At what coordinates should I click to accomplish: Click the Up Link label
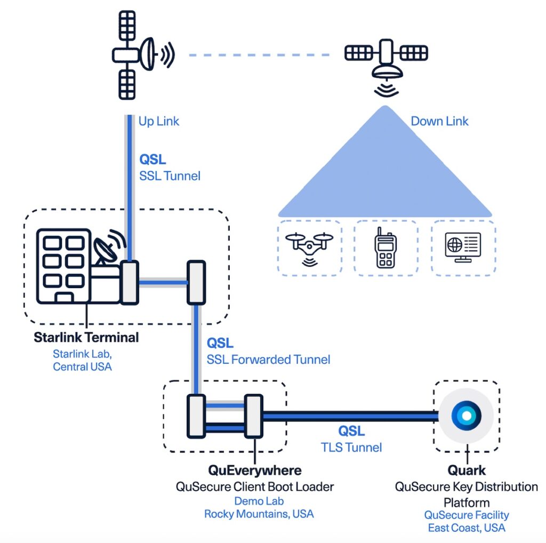tap(158, 121)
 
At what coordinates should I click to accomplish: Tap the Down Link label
tap(439, 121)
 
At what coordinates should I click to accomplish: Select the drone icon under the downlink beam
tap(309, 247)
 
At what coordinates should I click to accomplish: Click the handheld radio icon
tap(386, 247)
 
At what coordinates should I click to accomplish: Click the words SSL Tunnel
tap(170, 175)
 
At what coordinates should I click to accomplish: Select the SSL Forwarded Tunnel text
tap(268, 360)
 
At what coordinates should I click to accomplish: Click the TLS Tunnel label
tap(352, 447)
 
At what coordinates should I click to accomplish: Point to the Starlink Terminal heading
tap(86, 337)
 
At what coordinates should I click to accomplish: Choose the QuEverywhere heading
tap(254, 470)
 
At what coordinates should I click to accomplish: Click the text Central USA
tap(82, 367)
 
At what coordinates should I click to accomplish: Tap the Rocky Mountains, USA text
tap(259, 514)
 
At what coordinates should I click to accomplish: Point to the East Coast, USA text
tap(467, 528)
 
